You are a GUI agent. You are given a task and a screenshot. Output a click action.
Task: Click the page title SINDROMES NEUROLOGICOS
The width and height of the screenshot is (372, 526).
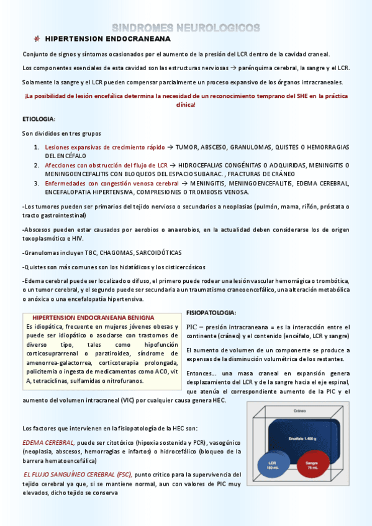pyautogui.click(x=186, y=27)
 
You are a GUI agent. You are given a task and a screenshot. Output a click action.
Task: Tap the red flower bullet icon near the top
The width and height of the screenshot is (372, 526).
pyautogui.click(x=37, y=38)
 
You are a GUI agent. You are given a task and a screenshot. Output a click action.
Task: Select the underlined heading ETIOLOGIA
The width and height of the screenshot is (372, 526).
pyautogui.click(x=39, y=118)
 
